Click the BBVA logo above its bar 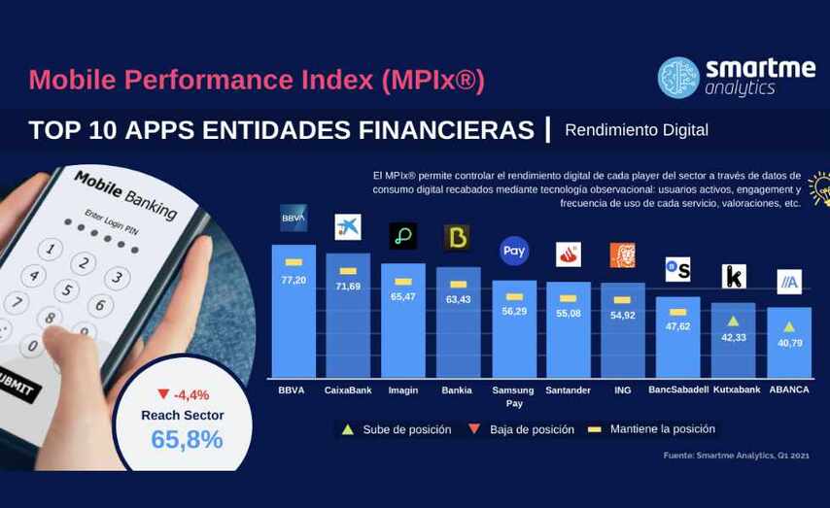pyautogui.click(x=294, y=218)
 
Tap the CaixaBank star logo pyautogui.click(x=347, y=226)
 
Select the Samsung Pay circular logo pyautogui.click(x=514, y=251)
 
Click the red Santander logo pyautogui.click(x=569, y=254)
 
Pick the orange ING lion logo pyautogui.click(x=622, y=255)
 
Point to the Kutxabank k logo pyautogui.click(x=734, y=277)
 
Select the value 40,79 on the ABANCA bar pyautogui.click(x=789, y=343)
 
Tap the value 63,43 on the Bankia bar pyautogui.click(x=459, y=299)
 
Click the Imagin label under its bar pyautogui.click(x=403, y=390)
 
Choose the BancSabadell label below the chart pyautogui.click(x=677, y=390)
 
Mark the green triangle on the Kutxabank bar pyautogui.click(x=734, y=320)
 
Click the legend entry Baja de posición pyautogui.click(x=531, y=429)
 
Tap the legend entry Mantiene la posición pyautogui.click(x=662, y=428)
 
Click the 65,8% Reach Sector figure pyautogui.click(x=187, y=439)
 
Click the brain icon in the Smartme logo pyautogui.click(x=678, y=78)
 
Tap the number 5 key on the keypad pyautogui.click(x=67, y=289)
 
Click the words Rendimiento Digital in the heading pyautogui.click(x=636, y=129)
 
